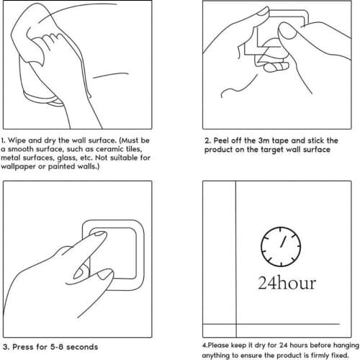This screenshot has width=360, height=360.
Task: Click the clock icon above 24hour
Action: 281,246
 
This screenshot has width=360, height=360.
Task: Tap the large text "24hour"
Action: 287,283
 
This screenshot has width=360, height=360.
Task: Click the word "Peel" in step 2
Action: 221,140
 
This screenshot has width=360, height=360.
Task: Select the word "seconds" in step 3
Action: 82,347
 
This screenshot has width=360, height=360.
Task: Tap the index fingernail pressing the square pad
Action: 99,233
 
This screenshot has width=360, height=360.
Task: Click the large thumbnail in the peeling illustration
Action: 287,30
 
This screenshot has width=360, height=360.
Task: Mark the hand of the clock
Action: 284,241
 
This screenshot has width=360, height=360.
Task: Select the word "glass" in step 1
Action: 66,158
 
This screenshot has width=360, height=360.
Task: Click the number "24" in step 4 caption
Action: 283,346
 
